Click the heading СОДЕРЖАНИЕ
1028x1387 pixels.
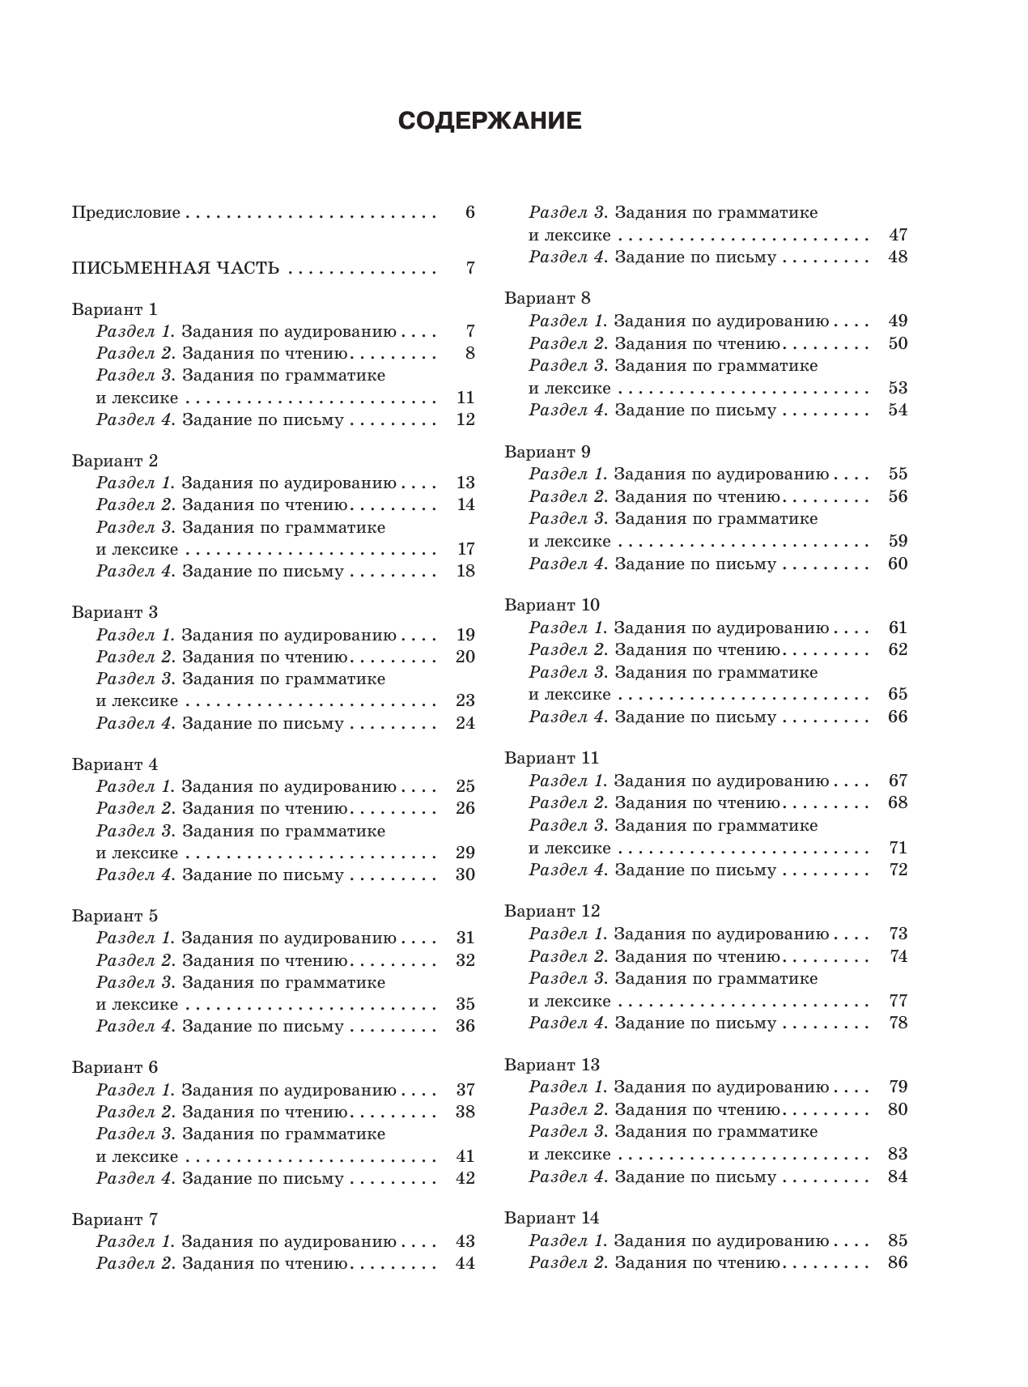coord(490,121)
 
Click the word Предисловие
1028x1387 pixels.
coord(125,213)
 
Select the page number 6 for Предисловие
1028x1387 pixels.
coord(469,212)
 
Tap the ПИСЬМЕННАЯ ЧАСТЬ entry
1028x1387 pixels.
coord(176,268)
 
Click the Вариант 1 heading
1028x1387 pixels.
coord(114,308)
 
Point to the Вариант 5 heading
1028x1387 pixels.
coord(114,916)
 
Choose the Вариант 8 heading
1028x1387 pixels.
coord(547,298)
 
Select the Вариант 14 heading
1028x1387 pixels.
coord(551,1218)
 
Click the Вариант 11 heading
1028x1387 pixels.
coord(551,758)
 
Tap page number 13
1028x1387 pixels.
coord(465,483)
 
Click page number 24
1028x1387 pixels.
coord(465,723)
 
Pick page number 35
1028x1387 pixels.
coord(465,1004)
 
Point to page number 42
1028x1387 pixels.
coord(465,1178)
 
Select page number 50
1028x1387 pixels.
coord(898,343)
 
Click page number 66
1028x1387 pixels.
coord(898,717)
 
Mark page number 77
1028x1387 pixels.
coord(898,1001)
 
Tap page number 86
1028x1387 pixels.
coord(898,1262)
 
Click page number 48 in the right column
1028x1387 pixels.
coord(898,257)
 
